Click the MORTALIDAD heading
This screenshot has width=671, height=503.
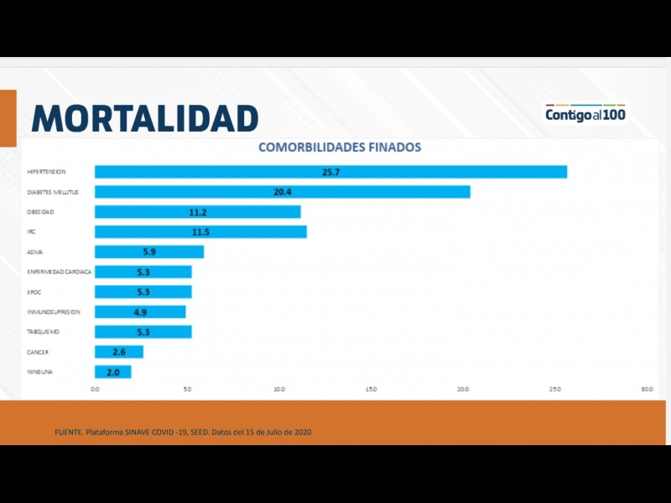coord(144,118)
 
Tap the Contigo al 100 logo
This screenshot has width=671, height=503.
coord(585,114)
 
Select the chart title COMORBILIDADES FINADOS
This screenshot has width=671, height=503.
coord(340,148)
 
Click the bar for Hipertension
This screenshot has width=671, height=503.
coord(330,172)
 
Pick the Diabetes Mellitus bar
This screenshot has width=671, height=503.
coord(282,192)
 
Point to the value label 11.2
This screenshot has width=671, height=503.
coord(198,212)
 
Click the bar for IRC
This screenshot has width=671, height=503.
coord(200,232)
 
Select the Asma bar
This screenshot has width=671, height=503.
coord(149,251)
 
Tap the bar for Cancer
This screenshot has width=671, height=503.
coord(119,352)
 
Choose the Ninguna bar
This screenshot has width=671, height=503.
coord(113,372)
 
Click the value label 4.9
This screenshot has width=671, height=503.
coord(141,312)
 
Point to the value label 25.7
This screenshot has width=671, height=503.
coord(330,172)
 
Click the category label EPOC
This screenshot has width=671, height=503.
coord(34,292)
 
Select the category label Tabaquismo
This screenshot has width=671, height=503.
coord(44,332)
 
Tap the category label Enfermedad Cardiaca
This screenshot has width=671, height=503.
coord(60,272)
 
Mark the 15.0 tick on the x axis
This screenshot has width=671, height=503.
coord(371,389)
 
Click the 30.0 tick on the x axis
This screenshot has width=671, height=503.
coord(647,389)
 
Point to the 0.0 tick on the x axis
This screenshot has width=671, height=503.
coord(95,389)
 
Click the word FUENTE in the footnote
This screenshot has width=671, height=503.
coord(69,432)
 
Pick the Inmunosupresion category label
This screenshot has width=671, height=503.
coord(54,312)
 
